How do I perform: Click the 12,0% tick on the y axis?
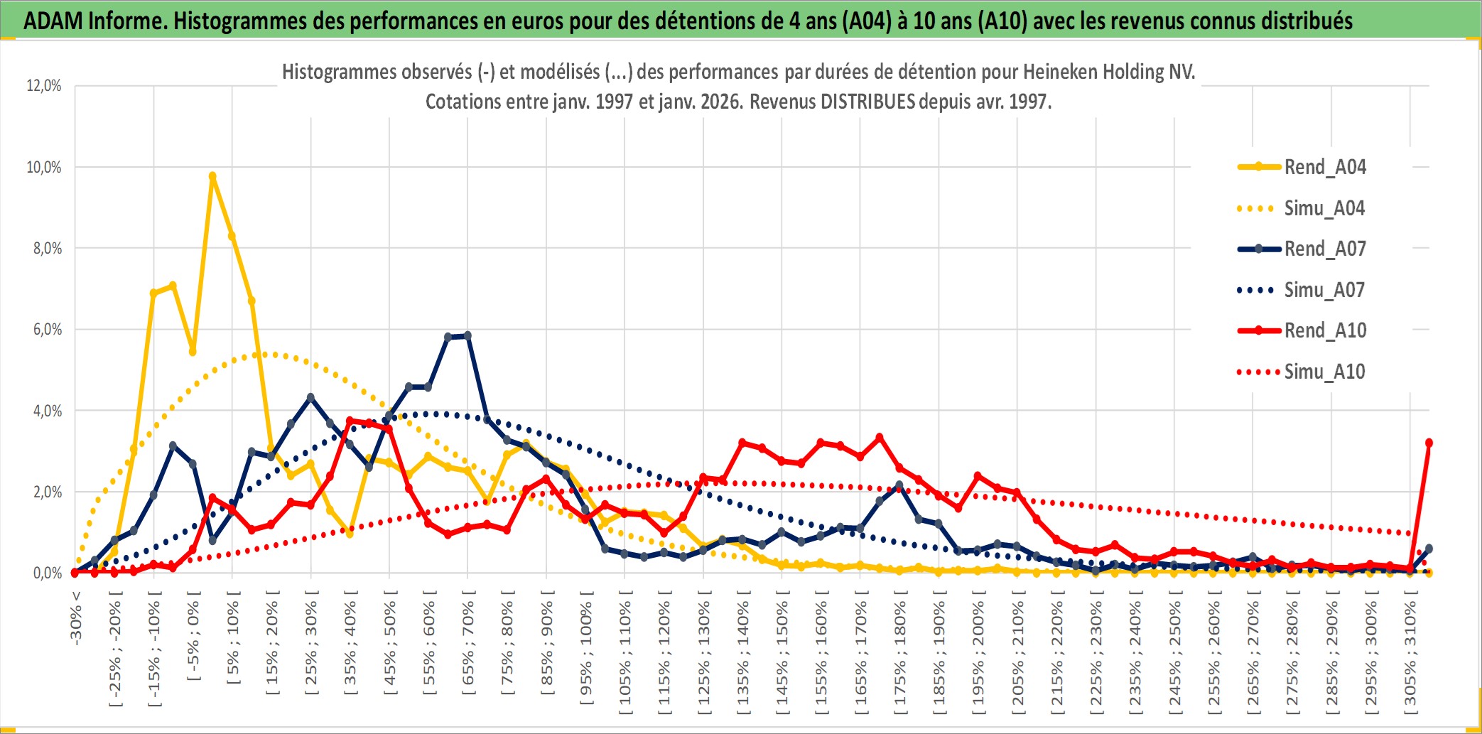coord(44,86)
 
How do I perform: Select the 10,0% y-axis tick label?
coord(44,167)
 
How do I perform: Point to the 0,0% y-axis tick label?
coord(47,573)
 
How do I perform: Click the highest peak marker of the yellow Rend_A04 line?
coord(212,176)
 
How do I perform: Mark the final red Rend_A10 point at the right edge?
coord(1429,443)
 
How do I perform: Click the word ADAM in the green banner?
coord(53,21)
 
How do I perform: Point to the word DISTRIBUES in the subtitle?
coord(867,102)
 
